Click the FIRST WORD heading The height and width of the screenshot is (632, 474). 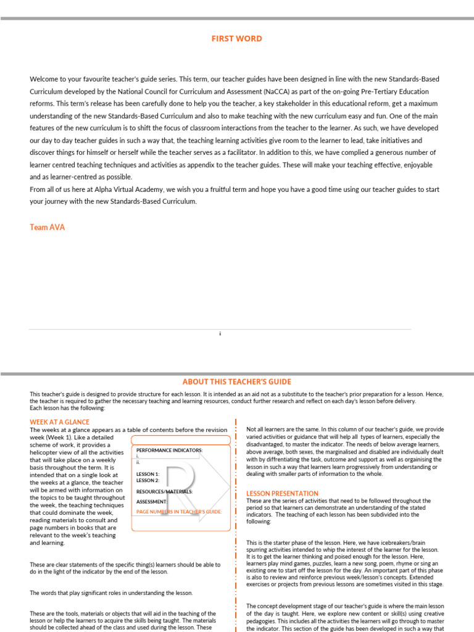[x=237, y=39]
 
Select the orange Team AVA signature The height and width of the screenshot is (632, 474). [x=47, y=227]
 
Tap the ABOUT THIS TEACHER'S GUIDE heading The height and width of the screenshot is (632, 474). [x=237, y=382]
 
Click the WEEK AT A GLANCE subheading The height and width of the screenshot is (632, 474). [x=60, y=422]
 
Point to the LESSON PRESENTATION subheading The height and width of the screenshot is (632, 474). [x=282, y=494]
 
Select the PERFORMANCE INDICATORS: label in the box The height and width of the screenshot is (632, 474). [x=169, y=450]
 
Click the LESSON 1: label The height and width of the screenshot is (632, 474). [x=148, y=474]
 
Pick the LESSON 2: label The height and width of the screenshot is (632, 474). [x=148, y=480]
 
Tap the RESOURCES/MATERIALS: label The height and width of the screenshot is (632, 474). [x=164, y=492]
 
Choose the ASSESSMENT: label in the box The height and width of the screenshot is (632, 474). [x=152, y=502]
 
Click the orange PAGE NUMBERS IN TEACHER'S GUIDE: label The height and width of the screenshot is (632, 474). [x=178, y=512]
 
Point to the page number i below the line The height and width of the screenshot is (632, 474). [x=220, y=334]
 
